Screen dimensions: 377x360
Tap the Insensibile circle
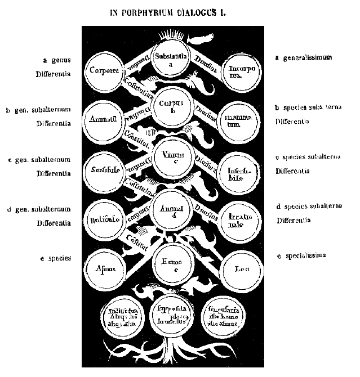pos(239,170)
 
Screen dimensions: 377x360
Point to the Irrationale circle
pos(240,220)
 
